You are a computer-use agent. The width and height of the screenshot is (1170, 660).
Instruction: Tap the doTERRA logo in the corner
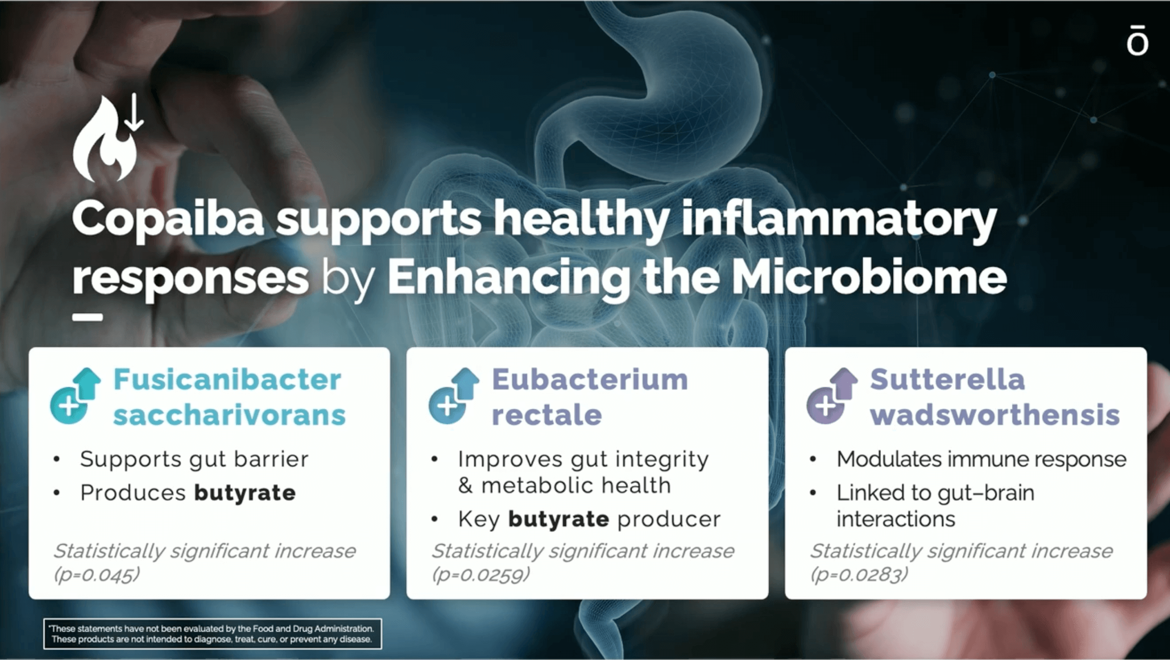tap(1137, 40)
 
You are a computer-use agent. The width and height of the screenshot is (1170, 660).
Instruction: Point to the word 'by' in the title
tap(348, 279)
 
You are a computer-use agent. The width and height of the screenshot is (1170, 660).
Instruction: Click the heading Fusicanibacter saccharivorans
tap(229, 397)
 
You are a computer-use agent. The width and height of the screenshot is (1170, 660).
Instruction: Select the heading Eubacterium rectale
tap(589, 397)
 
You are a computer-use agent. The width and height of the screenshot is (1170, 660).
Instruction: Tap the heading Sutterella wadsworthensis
tap(994, 397)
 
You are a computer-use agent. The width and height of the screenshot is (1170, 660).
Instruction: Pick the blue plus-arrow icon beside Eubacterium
tap(454, 396)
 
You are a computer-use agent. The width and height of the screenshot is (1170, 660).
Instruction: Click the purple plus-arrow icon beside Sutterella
tap(832, 396)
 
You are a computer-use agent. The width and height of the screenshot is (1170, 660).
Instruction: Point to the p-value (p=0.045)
tap(97, 575)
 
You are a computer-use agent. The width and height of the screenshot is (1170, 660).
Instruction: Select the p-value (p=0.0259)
tap(481, 575)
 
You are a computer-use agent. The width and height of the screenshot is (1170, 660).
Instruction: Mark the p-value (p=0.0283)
tap(859, 575)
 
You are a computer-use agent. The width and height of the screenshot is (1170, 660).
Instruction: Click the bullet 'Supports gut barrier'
tap(194, 460)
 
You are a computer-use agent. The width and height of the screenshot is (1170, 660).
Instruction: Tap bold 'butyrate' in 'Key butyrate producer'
tap(559, 519)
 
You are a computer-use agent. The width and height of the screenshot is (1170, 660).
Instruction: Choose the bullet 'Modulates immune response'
tap(981, 459)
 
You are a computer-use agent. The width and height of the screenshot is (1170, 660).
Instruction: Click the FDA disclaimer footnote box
tap(212, 634)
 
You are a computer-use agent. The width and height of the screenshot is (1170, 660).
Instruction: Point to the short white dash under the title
tap(88, 317)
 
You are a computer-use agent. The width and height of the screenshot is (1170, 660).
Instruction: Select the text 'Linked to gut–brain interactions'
tap(935, 506)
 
